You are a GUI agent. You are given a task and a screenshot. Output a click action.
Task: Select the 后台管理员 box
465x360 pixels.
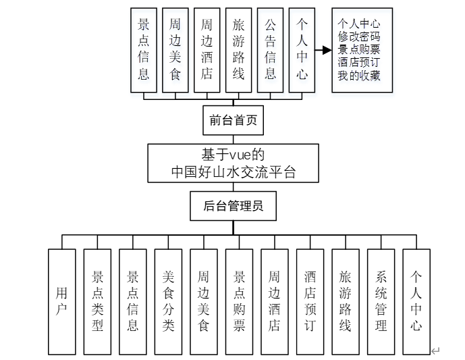(x=233, y=206)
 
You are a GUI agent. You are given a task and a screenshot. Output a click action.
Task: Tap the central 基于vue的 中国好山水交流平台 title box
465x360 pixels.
(x=233, y=163)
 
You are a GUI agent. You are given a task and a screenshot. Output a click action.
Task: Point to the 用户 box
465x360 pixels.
(x=62, y=301)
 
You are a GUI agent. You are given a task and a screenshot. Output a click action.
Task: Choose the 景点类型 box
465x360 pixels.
(x=97, y=301)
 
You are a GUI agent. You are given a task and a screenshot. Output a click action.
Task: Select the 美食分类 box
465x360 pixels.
(x=168, y=301)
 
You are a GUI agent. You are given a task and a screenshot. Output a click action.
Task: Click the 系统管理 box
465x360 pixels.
(x=381, y=301)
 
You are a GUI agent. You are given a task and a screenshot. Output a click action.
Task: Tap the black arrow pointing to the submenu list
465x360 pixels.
(x=324, y=50)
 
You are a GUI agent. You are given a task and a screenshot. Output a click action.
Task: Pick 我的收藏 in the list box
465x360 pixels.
(x=360, y=76)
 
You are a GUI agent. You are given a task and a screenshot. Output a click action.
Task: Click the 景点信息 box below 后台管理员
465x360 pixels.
(x=133, y=301)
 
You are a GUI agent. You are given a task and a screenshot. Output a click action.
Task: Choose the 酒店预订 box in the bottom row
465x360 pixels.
(x=310, y=301)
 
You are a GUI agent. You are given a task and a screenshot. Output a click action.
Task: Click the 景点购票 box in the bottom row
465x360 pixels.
(x=240, y=301)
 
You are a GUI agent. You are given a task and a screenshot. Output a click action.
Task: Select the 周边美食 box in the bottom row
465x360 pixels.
(x=204, y=301)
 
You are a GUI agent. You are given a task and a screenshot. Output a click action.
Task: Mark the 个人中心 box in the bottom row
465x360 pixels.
(x=416, y=301)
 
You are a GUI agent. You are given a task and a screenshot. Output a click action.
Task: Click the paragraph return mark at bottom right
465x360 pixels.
(x=435, y=351)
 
